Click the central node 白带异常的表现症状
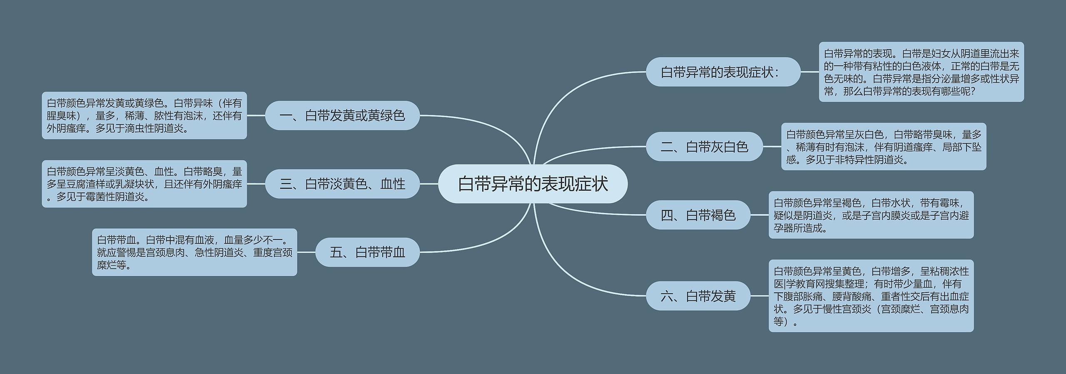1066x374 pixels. [x=533, y=184]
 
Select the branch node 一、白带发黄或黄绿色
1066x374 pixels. [x=342, y=115]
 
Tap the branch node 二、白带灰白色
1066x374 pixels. [x=704, y=147]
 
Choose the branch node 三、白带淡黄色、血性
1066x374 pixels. [x=342, y=184]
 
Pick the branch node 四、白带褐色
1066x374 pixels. [x=698, y=215]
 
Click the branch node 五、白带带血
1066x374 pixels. [x=367, y=252]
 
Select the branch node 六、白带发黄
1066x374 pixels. [x=698, y=296]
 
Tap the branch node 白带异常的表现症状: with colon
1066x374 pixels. [x=723, y=72]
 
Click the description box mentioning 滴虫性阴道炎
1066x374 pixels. [x=144, y=115]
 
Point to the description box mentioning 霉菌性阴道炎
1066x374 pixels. [x=144, y=184]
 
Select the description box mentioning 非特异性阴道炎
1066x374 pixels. [x=883, y=147]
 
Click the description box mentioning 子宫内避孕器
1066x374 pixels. [x=871, y=215]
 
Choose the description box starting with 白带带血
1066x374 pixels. [x=194, y=252]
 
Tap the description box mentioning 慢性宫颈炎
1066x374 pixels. [x=871, y=296]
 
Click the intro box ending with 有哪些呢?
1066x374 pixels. [x=921, y=72]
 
